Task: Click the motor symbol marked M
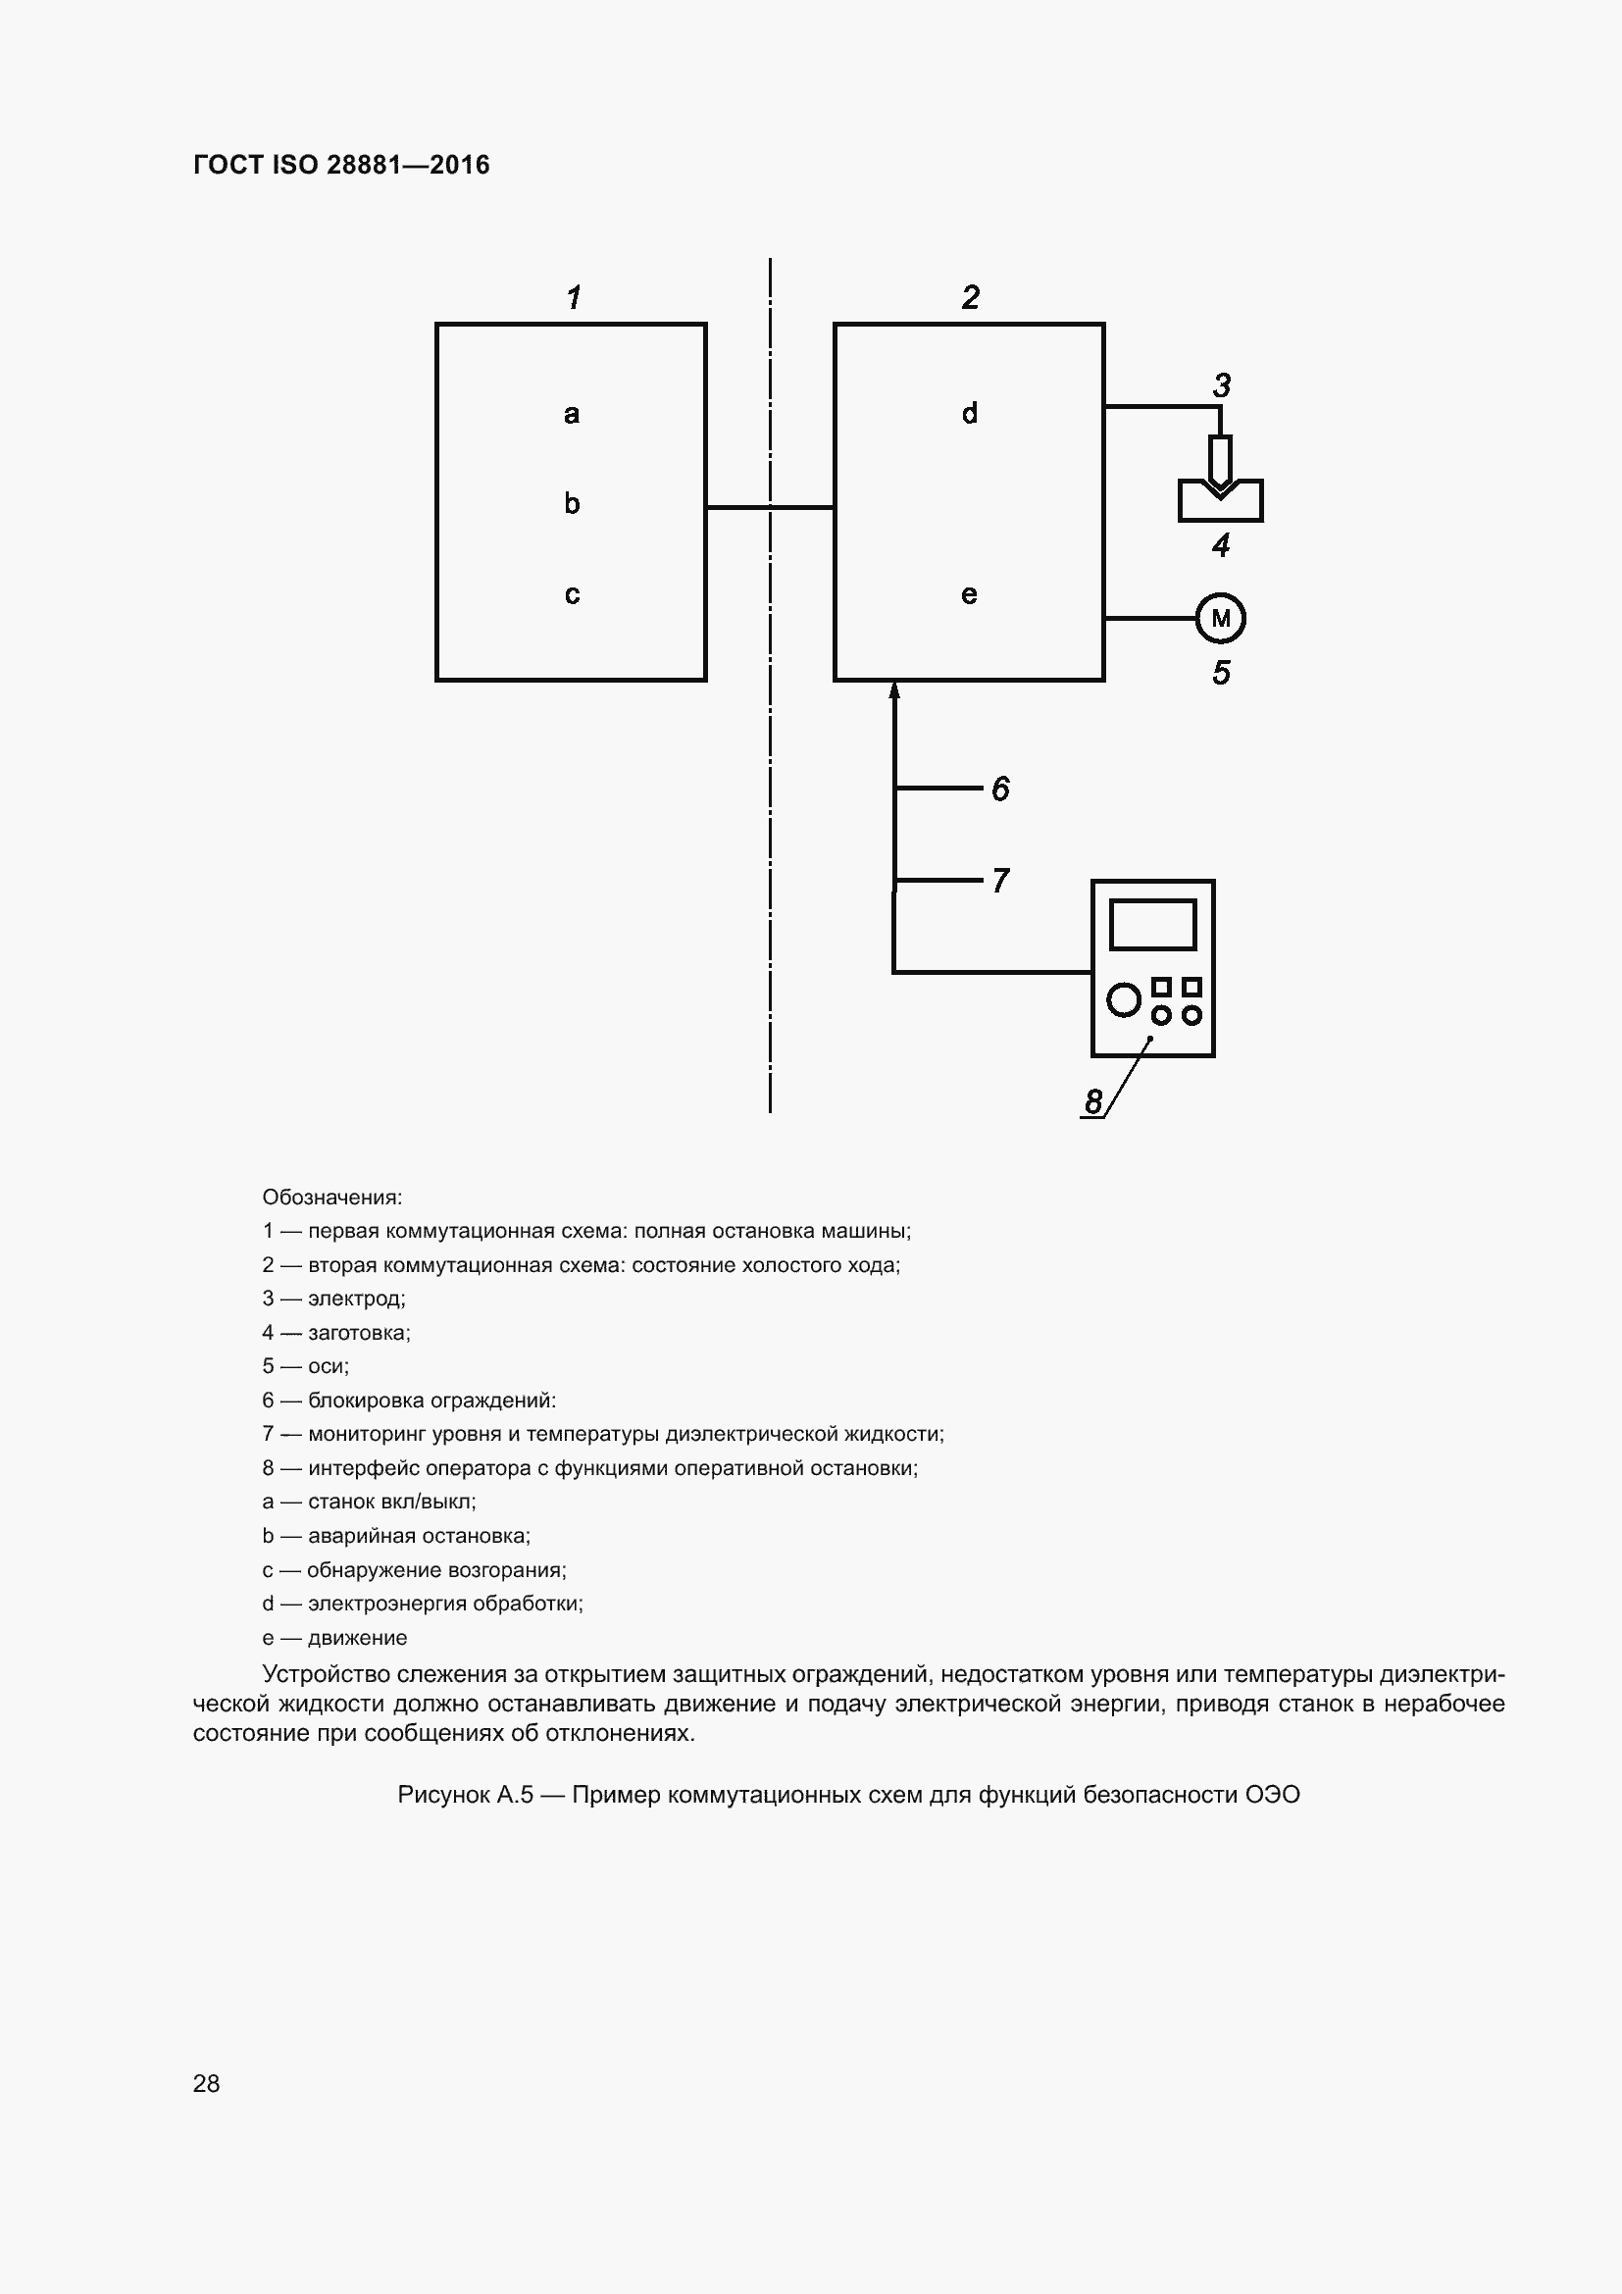(1220, 619)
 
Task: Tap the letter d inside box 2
(969, 413)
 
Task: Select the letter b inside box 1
(572, 502)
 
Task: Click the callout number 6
(1001, 790)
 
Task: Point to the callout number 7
(1001, 880)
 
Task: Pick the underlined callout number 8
(1093, 1101)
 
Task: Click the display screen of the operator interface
(1152, 924)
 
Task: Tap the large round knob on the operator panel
(1124, 999)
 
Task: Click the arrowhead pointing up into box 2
(894, 689)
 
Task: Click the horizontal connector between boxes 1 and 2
(770, 508)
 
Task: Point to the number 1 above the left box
(574, 298)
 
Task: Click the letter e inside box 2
(969, 594)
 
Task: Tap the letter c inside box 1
(572, 594)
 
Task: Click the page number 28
(206, 2083)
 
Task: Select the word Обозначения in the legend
(331, 1197)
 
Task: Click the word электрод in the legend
(356, 1299)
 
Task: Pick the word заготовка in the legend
(359, 1333)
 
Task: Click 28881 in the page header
(363, 165)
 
